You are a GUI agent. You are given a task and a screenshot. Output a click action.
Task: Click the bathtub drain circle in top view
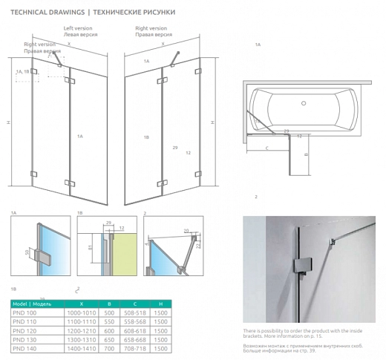click(x=303, y=104)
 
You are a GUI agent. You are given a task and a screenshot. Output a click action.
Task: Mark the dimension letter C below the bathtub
click(x=266, y=148)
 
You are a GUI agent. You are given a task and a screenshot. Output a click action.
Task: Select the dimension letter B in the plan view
click(x=306, y=155)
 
